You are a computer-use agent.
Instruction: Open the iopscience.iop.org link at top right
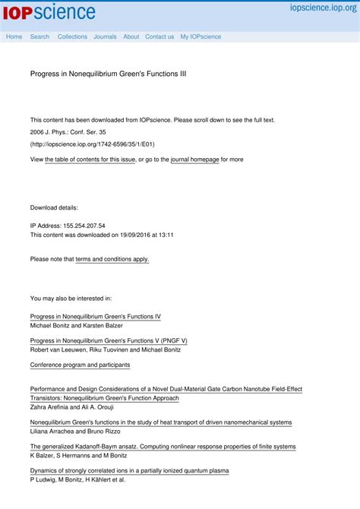click(x=323, y=7)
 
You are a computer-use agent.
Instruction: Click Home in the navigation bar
click(x=14, y=36)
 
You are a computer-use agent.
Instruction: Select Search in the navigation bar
click(x=39, y=36)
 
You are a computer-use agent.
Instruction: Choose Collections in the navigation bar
click(x=72, y=36)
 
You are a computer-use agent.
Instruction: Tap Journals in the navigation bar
click(x=105, y=36)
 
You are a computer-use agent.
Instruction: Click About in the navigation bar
click(x=131, y=36)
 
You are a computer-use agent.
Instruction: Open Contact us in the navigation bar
click(x=159, y=36)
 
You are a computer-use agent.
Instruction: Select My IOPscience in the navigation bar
click(x=201, y=36)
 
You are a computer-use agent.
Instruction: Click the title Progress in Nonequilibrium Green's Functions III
click(x=108, y=74)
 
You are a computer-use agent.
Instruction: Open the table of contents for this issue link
click(x=90, y=160)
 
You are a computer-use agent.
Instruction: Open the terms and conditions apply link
click(x=112, y=259)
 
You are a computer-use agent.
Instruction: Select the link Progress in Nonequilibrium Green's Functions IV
click(x=95, y=316)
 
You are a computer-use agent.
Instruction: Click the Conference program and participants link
click(x=80, y=365)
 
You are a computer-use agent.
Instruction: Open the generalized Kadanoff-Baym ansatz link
click(x=163, y=447)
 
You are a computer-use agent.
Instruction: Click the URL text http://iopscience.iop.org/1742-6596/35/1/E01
click(x=93, y=144)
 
